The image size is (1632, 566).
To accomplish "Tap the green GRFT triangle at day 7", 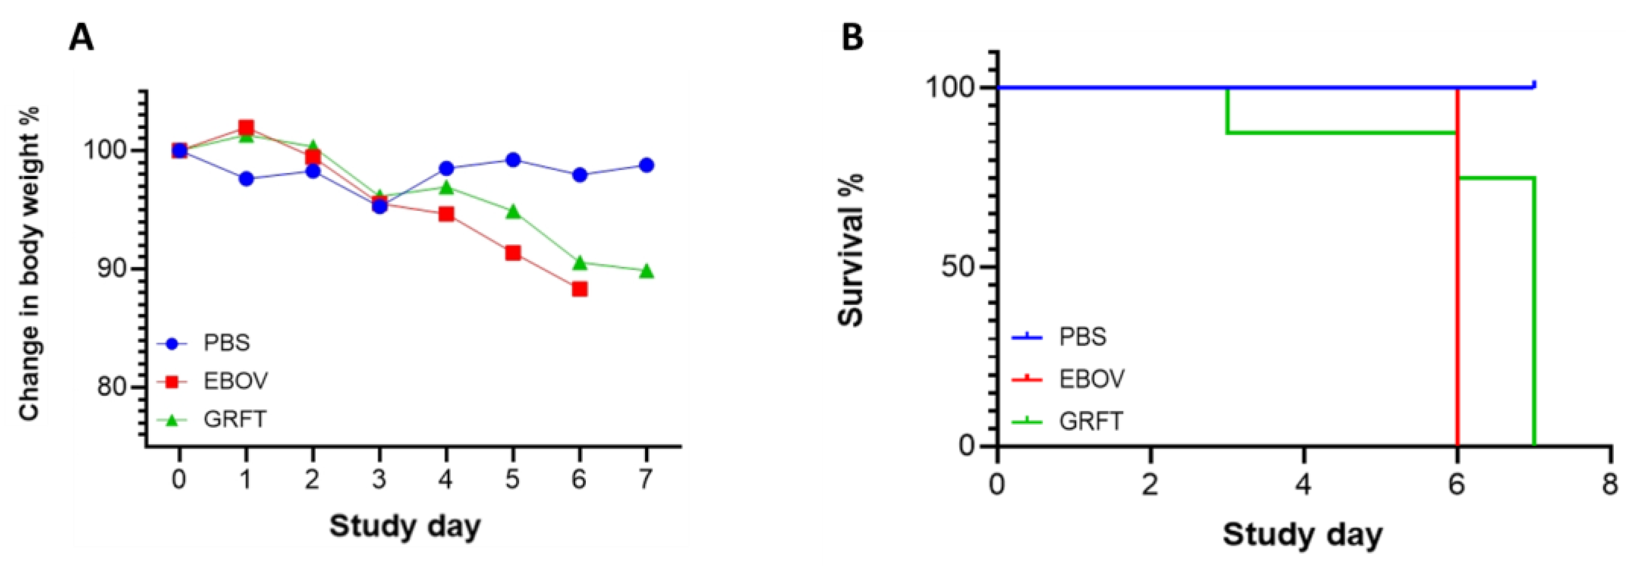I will tap(646, 271).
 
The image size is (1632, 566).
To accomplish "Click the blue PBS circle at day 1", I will tap(246, 179).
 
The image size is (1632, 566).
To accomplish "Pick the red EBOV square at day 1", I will tap(246, 128).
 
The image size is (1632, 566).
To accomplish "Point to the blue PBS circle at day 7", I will tap(646, 165).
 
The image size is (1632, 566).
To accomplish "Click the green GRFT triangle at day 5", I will tap(513, 211).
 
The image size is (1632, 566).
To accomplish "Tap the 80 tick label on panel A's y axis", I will tap(113, 386).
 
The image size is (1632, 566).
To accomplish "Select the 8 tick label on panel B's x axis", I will tap(1610, 486).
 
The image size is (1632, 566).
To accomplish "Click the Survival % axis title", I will tap(851, 250).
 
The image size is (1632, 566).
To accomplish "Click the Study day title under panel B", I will tap(1303, 534).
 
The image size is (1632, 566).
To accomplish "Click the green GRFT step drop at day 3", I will tap(1227, 110).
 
